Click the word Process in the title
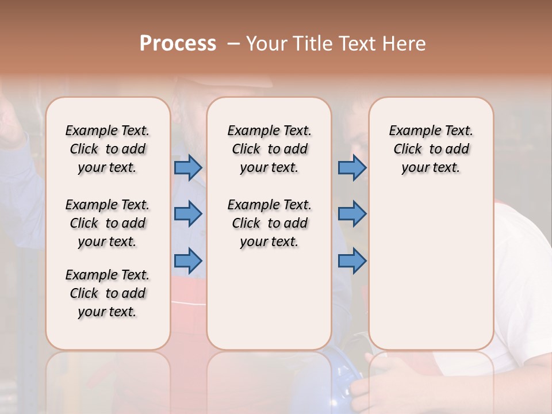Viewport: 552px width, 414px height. (x=178, y=44)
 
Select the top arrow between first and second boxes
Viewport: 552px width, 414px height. (x=188, y=167)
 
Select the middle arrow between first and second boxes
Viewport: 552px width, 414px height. (x=188, y=214)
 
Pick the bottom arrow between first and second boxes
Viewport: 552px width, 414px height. (x=188, y=260)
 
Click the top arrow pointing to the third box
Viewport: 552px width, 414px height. (x=352, y=167)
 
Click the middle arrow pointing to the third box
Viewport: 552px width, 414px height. (x=352, y=214)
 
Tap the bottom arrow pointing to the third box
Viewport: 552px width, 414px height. (x=352, y=260)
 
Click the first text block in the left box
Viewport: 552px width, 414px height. (x=108, y=149)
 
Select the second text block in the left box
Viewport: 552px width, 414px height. (x=108, y=223)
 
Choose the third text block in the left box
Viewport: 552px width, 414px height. (x=108, y=293)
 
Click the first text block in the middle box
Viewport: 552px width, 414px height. (x=269, y=149)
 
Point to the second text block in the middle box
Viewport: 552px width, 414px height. (x=269, y=223)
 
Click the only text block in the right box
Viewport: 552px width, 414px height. (x=431, y=149)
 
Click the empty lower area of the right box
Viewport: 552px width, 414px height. (x=431, y=270)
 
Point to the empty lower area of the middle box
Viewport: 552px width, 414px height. (x=269, y=299)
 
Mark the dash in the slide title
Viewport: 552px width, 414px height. (x=233, y=44)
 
